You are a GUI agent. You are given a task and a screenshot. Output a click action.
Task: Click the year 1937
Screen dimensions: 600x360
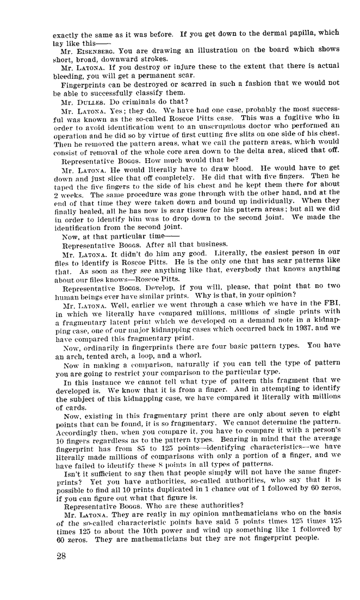pos(291,314)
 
